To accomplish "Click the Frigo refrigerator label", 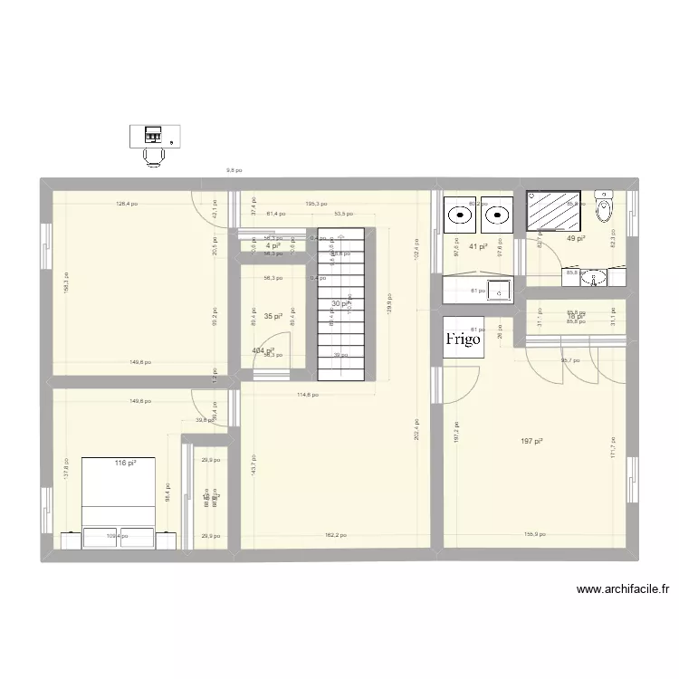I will pyautogui.click(x=462, y=339).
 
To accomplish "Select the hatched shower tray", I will pyautogui.click(x=551, y=214).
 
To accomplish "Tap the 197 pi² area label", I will pyautogui.click(x=532, y=441).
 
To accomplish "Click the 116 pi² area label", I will pyautogui.click(x=125, y=463).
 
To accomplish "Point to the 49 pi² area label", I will pyautogui.click(x=576, y=239).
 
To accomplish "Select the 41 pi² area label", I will pyautogui.click(x=478, y=246).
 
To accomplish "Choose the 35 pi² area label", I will pyautogui.click(x=273, y=317).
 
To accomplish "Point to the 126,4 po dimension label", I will pyautogui.click(x=127, y=204).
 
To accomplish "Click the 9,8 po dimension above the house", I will pyautogui.click(x=234, y=170).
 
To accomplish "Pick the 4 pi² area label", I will pyautogui.click(x=271, y=245).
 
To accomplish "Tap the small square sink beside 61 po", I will pyautogui.click(x=498, y=290).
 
